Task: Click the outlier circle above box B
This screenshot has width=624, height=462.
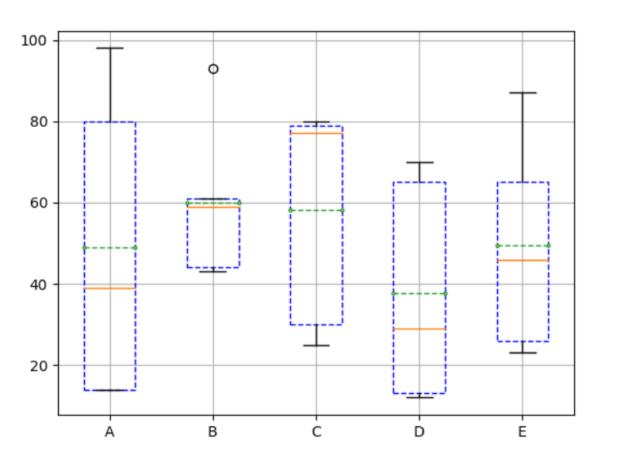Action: click(x=213, y=69)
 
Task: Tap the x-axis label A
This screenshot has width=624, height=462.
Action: click(x=109, y=432)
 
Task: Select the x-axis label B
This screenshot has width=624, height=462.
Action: click(x=212, y=432)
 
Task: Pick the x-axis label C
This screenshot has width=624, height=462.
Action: click(x=316, y=432)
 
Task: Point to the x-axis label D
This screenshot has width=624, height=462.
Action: click(x=419, y=432)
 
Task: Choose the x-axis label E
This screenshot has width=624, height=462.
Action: click(x=523, y=432)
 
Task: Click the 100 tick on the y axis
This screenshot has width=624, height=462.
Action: click(x=38, y=40)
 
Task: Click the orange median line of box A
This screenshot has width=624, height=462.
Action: click(x=109, y=288)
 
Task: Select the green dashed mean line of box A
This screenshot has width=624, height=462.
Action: click(x=109, y=248)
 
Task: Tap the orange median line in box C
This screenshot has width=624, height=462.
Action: click(x=316, y=133)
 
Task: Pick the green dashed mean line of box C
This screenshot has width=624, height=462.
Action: click(x=316, y=210)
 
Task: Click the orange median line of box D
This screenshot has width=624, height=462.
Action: click(x=419, y=328)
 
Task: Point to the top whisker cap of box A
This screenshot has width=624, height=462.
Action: click(x=109, y=48)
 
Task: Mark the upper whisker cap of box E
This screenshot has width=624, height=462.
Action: click(x=523, y=93)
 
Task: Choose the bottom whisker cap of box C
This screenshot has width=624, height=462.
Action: click(x=316, y=346)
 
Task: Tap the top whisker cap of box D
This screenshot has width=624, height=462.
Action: click(x=419, y=162)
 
